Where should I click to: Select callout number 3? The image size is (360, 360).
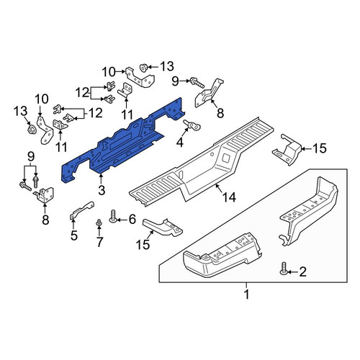tap(102, 190)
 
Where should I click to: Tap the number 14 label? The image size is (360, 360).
tap(229, 197)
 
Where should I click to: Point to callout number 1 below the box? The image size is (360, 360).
tap(246, 294)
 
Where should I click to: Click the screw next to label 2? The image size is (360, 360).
tap(284, 269)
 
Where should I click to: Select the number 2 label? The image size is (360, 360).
tap(302, 272)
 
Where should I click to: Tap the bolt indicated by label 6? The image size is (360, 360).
tap(113, 216)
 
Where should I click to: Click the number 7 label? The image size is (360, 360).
tap(99, 242)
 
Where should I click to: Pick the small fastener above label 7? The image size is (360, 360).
tap(99, 222)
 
